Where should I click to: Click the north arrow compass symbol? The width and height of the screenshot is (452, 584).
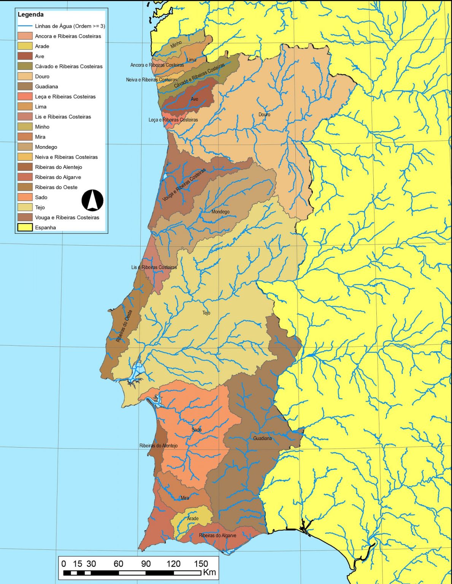(x=92, y=200)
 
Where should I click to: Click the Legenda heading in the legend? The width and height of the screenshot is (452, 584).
(x=31, y=15)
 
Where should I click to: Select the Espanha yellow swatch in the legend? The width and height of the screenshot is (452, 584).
(x=25, y=227)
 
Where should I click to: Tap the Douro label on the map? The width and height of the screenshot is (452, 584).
(x=264, y=114)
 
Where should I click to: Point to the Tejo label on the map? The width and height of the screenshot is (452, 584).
(x=206, y=313)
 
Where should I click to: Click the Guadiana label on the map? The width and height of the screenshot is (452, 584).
(x=262, y=438)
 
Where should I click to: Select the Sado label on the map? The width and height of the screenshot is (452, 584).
(x=197, y=430)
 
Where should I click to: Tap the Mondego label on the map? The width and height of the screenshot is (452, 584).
(x=220, y=212)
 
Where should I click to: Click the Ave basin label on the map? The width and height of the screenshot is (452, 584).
(x=194, y=99)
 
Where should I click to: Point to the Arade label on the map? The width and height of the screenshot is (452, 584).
(x=193, y=519)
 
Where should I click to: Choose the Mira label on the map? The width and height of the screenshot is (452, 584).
(x=185, y=498)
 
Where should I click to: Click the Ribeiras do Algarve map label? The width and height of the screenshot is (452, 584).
(x=217, y=535)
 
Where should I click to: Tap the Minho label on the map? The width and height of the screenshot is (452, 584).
(x=176, y=44)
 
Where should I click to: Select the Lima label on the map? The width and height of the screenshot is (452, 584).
(x=192, y=60)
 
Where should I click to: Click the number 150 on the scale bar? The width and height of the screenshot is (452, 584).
(x=201, y=564)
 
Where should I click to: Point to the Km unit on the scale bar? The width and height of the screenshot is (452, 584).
(x=209, y=572)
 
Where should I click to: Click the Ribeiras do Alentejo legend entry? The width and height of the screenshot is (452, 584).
(x=58, y=167)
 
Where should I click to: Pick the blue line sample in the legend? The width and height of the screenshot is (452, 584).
(x=25, y=26)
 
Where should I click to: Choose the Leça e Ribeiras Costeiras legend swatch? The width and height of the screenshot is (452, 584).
(x=25, y=97)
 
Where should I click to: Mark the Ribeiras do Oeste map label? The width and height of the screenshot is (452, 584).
(x=124, y=326)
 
